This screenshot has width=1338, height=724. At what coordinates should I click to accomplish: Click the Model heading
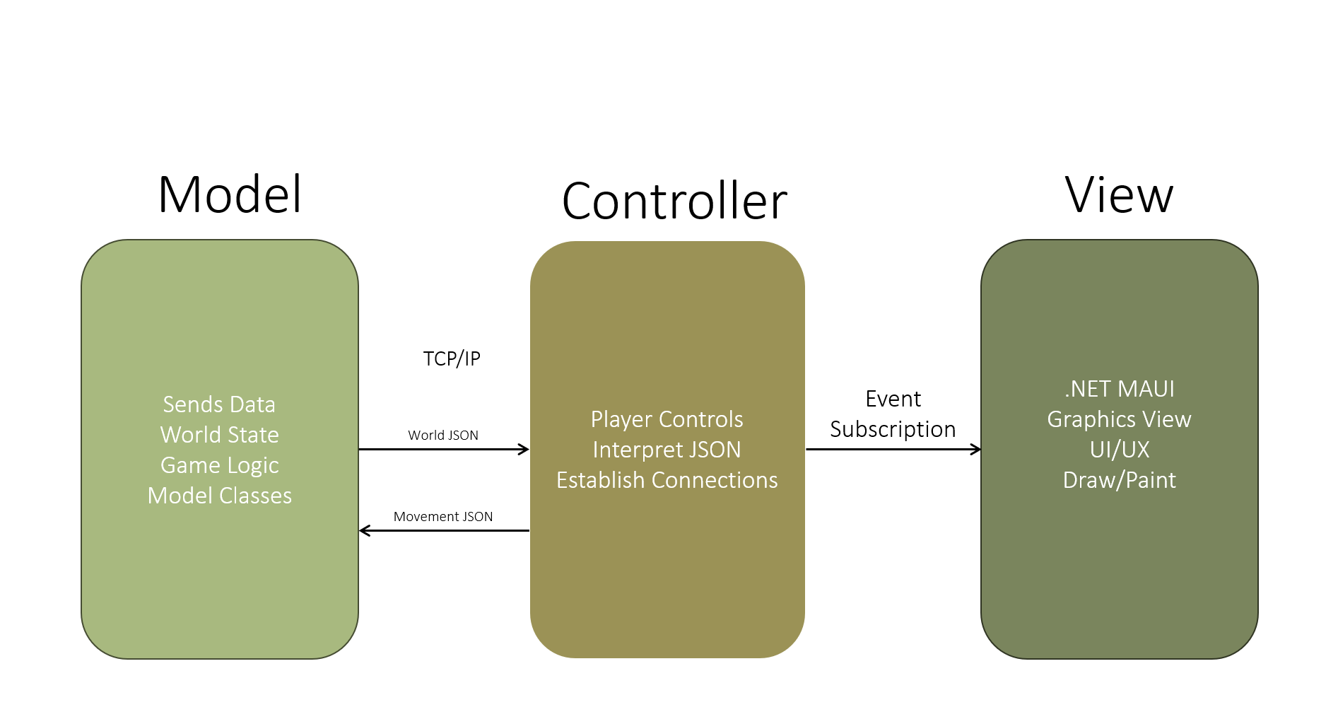[230, 194]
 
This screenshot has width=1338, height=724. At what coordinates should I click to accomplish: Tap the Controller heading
[674, 202]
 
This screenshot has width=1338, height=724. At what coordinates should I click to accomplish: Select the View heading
[1119, 194]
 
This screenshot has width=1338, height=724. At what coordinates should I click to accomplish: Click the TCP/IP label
[452, 359]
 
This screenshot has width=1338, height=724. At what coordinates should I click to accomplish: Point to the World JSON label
[443, 436]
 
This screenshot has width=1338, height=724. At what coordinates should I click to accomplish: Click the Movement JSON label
[443, 517]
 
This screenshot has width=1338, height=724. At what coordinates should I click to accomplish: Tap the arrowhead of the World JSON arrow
[524, 449]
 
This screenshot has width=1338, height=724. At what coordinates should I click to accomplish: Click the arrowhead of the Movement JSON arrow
[365, 530]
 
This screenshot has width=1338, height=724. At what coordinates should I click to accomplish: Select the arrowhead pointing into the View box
[975, 449]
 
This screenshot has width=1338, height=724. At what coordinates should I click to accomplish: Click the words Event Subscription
[893, 414]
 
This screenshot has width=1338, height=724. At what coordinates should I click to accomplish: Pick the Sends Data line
[219, 404]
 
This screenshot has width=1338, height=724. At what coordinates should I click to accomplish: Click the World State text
[219, 435]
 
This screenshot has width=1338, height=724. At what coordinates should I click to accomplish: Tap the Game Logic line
[219, 465]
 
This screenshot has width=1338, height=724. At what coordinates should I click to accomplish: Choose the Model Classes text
[219, 496]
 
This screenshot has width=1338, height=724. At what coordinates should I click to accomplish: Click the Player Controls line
[667, 419]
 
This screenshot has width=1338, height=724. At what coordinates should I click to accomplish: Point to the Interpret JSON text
[667, 450]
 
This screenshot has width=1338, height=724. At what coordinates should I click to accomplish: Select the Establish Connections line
[667, 480]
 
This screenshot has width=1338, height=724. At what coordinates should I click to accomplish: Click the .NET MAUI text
[1120, 389]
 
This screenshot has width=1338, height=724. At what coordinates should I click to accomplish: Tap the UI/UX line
[1120, 450]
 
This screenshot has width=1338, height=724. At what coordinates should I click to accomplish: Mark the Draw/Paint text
[1120, 480]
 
